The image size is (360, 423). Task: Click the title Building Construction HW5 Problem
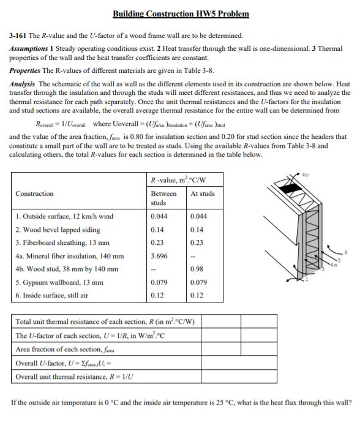click(x=181, y=13)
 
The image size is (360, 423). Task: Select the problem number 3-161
click(x=19, y=36)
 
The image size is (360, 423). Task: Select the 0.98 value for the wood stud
click(x=197, y=269)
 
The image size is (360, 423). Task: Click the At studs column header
click(x=203, y=193)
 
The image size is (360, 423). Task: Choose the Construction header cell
click(x=34, y=193)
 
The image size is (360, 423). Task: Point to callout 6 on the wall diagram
click(x=346, y=252)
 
